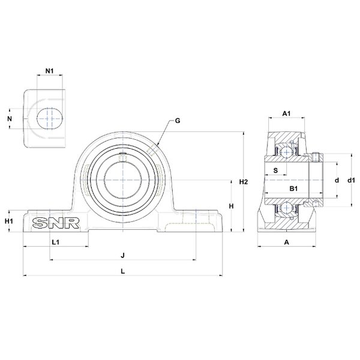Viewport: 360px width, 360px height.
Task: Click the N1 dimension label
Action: click(x=49, y=71)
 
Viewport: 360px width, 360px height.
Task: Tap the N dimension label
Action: click(x=10, y=118)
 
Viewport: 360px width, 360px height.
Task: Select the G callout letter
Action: click(x=178, y=121)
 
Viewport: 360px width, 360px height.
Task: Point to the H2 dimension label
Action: click(x=244, y=182)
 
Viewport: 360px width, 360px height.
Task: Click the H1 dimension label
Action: click(x=9, y=221)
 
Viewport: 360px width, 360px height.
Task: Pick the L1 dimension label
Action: click(x=56, y=242)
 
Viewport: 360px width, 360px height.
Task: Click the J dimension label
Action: click(x=123, y=256)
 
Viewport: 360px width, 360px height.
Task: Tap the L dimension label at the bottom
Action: click(x=123, y=271)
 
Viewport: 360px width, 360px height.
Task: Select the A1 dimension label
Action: click(x=286, y=113)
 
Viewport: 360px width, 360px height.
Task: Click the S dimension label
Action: click(x=276, y=170)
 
